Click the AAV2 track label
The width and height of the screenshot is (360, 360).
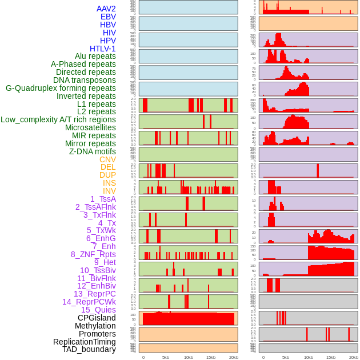(106, 9)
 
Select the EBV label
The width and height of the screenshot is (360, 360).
(107, 17)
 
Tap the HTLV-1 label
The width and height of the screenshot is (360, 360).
(102, 49)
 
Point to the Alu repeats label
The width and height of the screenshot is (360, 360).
(95, 56)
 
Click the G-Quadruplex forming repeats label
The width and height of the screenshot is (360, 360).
(61, 88)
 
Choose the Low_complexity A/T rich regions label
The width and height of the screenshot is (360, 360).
(58, 119)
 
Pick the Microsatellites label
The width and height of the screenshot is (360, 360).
(90, 127)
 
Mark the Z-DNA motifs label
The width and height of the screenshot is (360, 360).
(93, 151)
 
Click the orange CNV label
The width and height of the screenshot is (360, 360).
(107, 159)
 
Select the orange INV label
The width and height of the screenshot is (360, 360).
(109, 191)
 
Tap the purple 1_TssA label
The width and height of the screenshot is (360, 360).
(103, 199)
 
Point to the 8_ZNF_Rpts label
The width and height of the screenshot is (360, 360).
(93, 254)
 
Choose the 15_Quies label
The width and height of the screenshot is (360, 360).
(98, 310)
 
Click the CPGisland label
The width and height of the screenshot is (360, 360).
(97, 318)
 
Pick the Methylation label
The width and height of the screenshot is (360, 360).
(95, 326)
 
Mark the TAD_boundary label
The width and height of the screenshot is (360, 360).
(89, 349)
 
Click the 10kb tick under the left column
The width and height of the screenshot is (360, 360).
(189, 357)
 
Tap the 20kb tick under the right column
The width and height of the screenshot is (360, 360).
(354, 357)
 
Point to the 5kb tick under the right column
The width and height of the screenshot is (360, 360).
(286, 357)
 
